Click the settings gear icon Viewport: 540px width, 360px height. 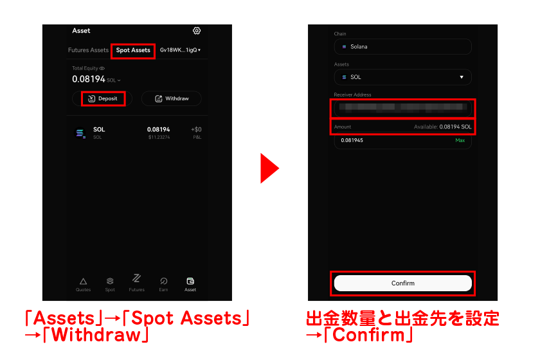coord(197,31)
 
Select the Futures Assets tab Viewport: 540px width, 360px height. coord(88,50)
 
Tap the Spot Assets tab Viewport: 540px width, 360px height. coord(133,50)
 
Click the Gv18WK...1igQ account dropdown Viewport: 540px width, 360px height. coord(181,50)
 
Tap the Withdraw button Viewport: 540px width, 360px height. coord(172,98)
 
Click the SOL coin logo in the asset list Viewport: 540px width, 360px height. coord(80,133)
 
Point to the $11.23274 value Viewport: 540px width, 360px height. coord(158,138)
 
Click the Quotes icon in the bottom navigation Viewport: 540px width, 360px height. coord(83,283)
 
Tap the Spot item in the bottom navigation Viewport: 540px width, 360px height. coord(110,283)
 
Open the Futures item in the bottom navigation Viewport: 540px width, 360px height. coord(137,282)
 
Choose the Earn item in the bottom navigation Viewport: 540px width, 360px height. coord(164,283)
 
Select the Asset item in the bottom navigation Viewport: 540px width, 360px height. coord(190,283)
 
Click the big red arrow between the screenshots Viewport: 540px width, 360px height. coord(269,168)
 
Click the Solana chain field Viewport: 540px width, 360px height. coord(402,47)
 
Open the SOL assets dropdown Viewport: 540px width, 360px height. coord(402,77)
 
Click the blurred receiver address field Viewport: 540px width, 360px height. coord(402,107)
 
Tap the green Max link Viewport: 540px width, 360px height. coord(460,140)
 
